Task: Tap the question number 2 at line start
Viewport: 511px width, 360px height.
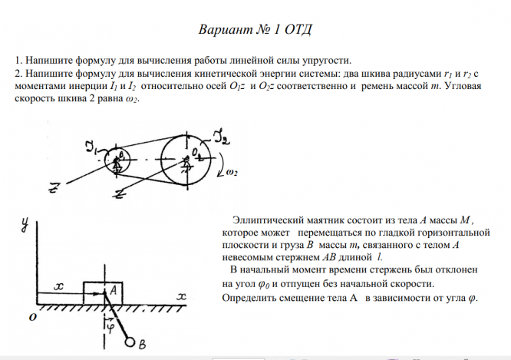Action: (18, 73)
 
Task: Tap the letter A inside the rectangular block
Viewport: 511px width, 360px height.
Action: (113, 290)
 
